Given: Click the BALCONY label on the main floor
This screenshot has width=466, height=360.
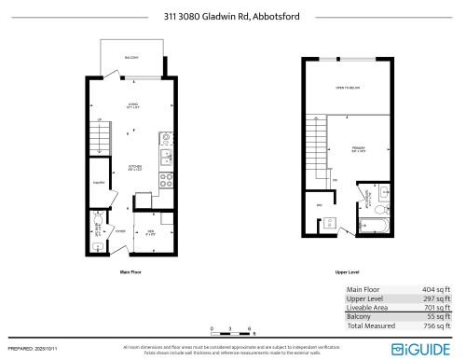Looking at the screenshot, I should point(130,59).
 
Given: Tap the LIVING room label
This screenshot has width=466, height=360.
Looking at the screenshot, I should point(133,104).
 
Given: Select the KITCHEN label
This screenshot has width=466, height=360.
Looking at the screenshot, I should point(135,167).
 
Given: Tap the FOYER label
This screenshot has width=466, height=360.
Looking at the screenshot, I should point(121,231).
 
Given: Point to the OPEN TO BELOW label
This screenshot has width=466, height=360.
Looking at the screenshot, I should point(348,89).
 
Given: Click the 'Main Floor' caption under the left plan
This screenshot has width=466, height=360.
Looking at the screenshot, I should point(131,271).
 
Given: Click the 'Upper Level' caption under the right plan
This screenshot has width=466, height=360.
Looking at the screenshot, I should point(347,271).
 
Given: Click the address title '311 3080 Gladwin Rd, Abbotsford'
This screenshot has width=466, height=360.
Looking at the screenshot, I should point(233,15).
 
